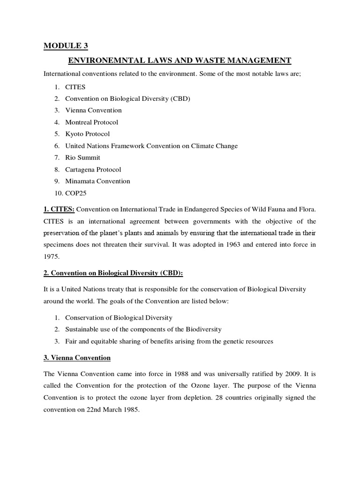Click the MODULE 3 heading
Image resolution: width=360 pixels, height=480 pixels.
click(66, 45)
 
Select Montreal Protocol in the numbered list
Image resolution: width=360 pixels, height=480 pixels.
click(91, 122)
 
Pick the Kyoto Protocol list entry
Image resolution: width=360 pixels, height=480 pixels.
click(87, 134)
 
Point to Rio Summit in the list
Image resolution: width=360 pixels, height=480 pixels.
click(82, 157)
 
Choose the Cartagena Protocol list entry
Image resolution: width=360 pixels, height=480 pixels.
click(93, 169)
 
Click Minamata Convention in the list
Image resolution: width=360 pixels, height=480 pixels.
click(97, 181)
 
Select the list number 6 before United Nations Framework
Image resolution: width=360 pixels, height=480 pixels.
click(56, 146)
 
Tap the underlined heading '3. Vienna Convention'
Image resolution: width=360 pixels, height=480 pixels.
click(77, 358)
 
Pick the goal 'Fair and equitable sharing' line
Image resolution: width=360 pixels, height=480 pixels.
click(169, 341)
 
